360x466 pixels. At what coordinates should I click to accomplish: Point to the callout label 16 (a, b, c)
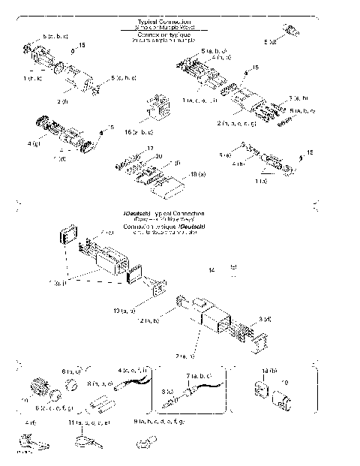coord(139,131)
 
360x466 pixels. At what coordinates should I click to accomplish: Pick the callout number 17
coord(150,148)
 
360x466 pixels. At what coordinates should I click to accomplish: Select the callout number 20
coord(158,155)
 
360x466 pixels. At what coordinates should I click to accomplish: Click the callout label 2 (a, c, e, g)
coord(237,122)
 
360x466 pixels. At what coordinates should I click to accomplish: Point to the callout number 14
coord(212,268)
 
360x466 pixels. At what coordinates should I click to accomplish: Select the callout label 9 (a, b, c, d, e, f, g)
coord(157,424)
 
